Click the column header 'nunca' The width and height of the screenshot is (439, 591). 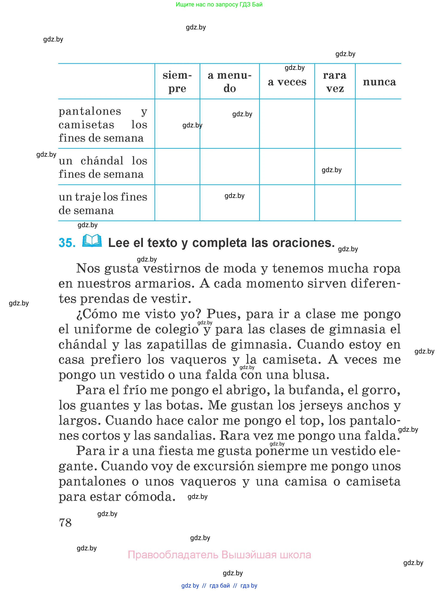coord(379,82)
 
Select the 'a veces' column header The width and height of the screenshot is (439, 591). coord(287,82)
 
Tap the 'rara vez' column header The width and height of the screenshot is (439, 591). coord(335,82)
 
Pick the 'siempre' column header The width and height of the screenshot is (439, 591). coord(177,82)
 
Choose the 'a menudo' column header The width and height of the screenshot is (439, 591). coord(229,82)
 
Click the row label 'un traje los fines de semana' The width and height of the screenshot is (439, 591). coord(103,204)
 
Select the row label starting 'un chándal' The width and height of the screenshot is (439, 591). coord(103,167)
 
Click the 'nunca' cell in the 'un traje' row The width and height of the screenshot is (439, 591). coord(378,203)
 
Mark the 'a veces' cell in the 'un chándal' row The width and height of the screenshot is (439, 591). coord(287,167)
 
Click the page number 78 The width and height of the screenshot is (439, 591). coord(65,522)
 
